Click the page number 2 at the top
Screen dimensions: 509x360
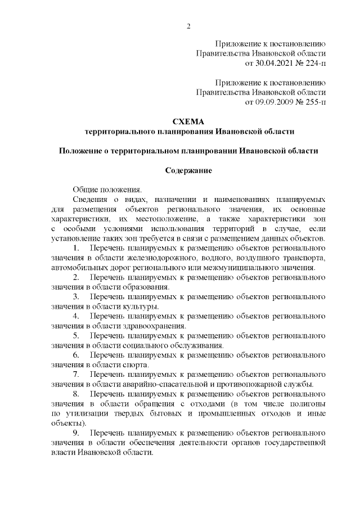(x=189, y=26)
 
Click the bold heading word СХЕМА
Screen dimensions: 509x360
(x=189, y=121)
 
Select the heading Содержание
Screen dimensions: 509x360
(x=189, y=170)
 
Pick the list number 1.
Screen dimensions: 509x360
(x=76, y=247)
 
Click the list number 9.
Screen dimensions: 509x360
(x=76, y=433)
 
